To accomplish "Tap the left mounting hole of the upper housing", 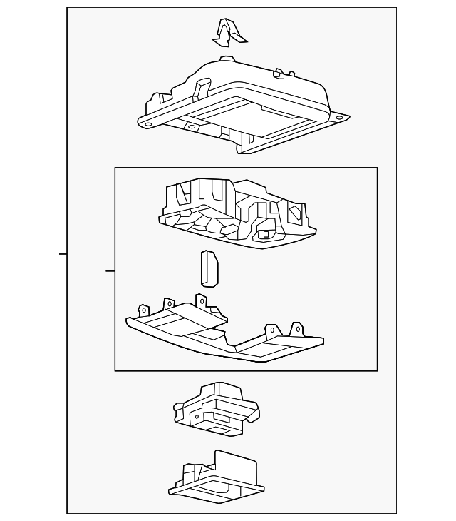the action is tap(149, 124).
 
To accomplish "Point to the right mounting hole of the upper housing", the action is tap(340, 118).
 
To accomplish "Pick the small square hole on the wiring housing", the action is tap(266, 233).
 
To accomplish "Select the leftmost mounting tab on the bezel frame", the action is tap(143, 310).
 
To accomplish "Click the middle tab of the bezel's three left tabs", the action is tap(170, 304).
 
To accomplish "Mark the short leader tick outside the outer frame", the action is tap(63, 254).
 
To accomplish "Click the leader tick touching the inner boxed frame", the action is tap(110, 271).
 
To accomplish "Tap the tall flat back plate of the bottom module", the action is tap(235, 467).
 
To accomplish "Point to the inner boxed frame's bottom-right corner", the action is tap(377, 370).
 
